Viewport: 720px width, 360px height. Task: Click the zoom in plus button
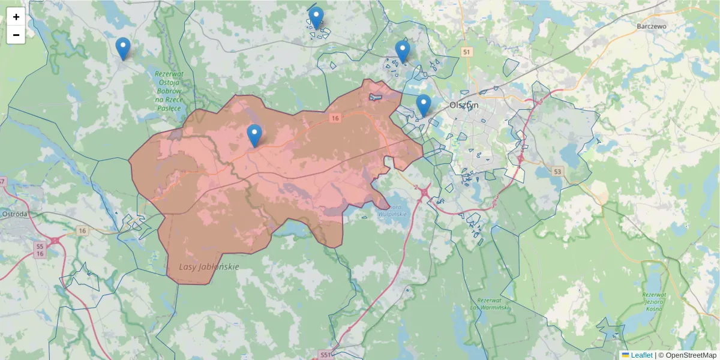16,17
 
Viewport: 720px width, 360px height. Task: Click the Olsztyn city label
464,104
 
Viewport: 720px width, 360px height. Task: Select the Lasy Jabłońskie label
209,266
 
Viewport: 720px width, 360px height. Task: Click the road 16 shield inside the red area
335,119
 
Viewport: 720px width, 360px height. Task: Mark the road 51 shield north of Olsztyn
467,52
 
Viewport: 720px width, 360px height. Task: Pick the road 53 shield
559,172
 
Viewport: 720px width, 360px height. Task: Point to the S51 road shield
325,355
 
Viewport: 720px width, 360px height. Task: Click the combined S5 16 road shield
40,250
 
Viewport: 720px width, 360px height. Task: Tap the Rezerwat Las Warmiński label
493,304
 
